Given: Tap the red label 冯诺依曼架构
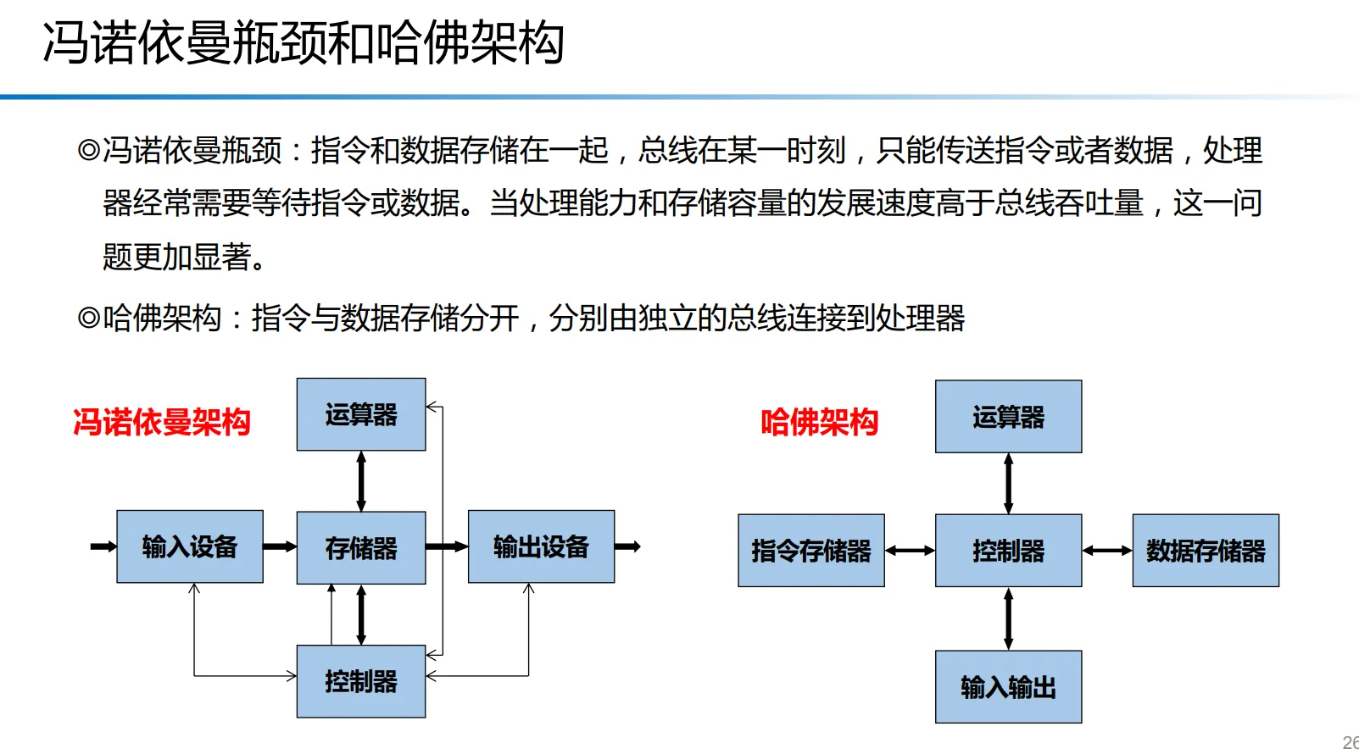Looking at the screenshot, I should coord(161,422).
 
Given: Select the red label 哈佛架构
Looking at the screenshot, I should coord(819,422).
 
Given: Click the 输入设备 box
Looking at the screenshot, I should coord(190,546).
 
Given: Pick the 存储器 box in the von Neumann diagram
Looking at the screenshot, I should coord(361,547).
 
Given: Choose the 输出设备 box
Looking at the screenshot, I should coord(541,546).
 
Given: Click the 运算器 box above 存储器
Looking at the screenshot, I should coord(361,414).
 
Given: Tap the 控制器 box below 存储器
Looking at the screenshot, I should coord(361,681).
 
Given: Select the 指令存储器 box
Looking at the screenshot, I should coord(811,551).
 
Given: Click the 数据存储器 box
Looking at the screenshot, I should coord(1206,551).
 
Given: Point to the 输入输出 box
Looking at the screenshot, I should coord(1008,686).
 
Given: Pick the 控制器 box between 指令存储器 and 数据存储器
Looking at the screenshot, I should coord(1008,551).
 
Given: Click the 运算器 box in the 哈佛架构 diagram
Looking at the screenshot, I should coord(1008,417).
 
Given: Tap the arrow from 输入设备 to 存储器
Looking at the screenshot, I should coord(280,546).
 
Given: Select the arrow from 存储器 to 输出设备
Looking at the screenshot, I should coord(447,546).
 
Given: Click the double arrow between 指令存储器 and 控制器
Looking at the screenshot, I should coord(910,551).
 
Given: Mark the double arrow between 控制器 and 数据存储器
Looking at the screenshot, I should coord(1107,551).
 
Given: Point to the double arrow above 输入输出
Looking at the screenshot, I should coord(1008,618).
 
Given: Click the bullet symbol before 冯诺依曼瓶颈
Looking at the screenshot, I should coord(88,151).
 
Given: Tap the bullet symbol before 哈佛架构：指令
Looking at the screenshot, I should coord(88,319).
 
